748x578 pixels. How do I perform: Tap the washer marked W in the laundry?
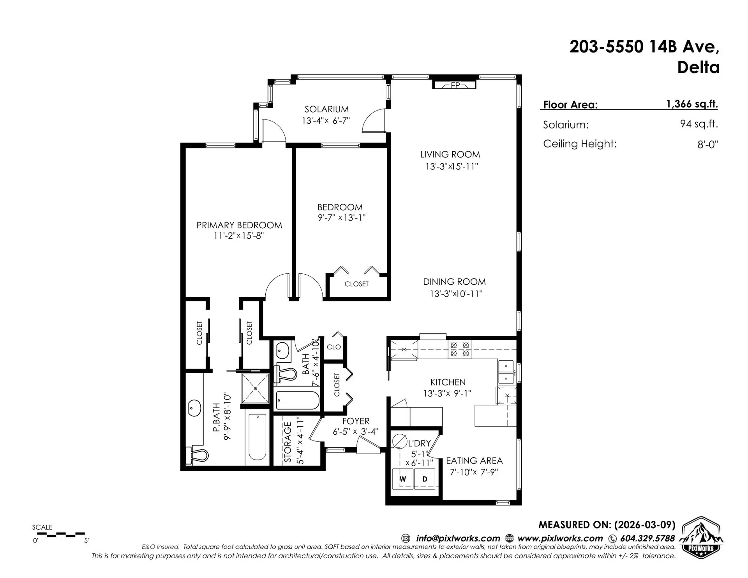[x=402, y=479]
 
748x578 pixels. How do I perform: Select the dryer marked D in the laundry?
[x=425, y=479]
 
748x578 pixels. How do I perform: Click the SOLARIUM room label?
[x=326, y=109]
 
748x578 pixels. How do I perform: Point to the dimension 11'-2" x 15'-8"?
[x=239, y=236]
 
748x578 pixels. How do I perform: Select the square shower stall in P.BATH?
[x=255, y=388]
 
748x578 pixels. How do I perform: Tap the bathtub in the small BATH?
[x=297, y=400]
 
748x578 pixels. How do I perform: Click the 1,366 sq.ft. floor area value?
[x=692, y=104]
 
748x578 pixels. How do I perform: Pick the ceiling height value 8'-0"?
[x=707, y=145]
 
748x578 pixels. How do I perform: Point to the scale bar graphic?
[x=60, y=534]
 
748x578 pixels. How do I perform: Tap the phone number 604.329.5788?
[x=647, y=539]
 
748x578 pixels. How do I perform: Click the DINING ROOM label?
[x=454, y=282]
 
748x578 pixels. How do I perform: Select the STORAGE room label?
[x=288, y=442]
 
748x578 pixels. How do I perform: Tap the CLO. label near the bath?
[x=334, y=347]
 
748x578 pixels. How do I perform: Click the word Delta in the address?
[x=698, y=68]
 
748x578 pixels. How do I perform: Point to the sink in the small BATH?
[x=282, y=352]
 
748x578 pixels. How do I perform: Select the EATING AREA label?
[x=474, y=461]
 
